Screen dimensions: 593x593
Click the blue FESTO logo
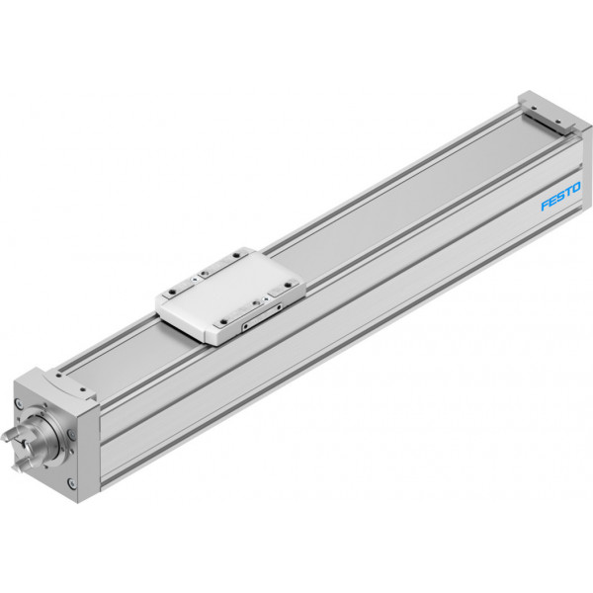point(560,197)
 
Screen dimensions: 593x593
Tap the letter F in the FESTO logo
point(545,205)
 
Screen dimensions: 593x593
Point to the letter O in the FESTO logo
point(575,189)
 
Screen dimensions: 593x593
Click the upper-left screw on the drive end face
point(19,404)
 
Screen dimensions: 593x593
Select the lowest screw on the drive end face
point(71,482)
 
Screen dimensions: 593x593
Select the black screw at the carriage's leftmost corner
point(172,292)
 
